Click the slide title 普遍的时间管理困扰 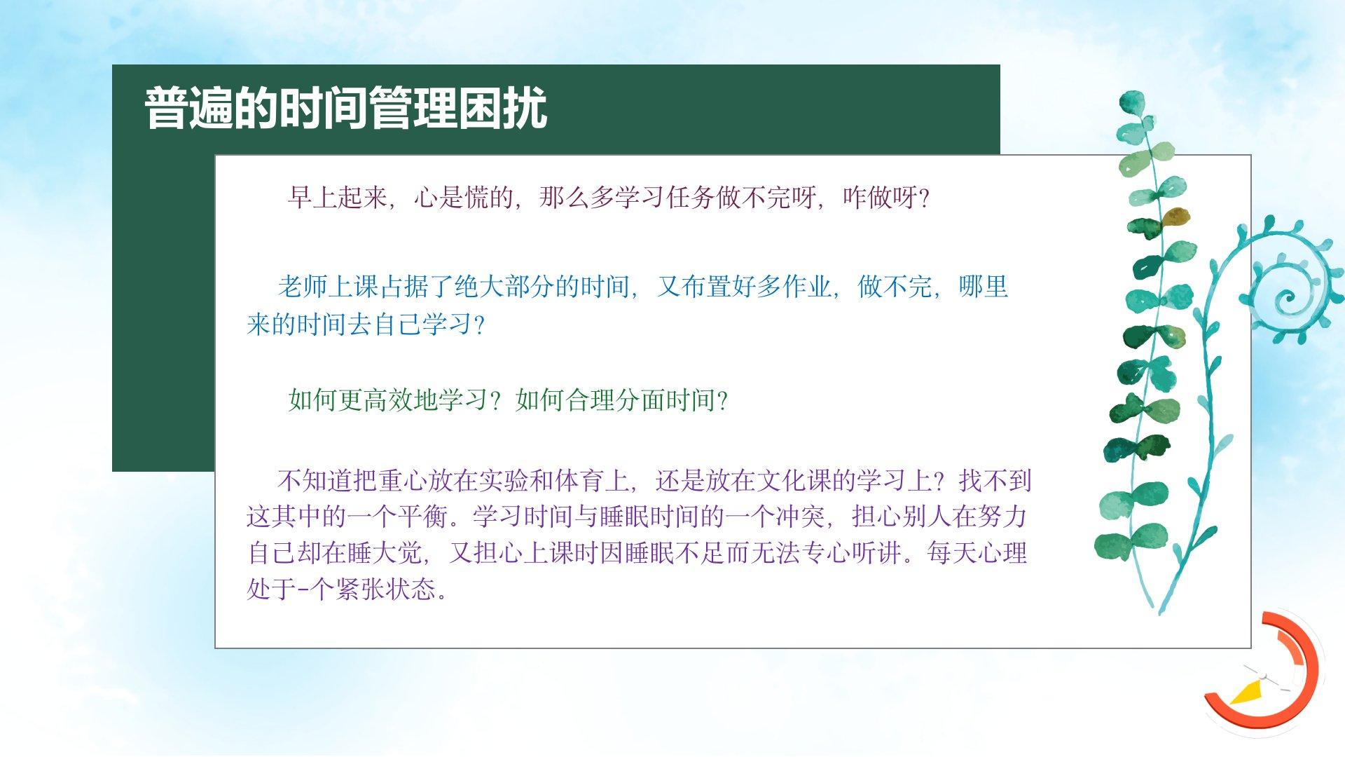coord(345,109)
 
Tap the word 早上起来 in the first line coord(337,198)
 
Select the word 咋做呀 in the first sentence coord(880,198)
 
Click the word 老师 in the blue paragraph coord(303,287)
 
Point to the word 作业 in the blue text coord(808,287)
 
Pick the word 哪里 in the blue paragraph coord(984,287)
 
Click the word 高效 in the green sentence coord(389,400)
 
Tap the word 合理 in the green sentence coord(591,400)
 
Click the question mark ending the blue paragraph coord(480,325)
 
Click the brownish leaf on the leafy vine coord(1175,217)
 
